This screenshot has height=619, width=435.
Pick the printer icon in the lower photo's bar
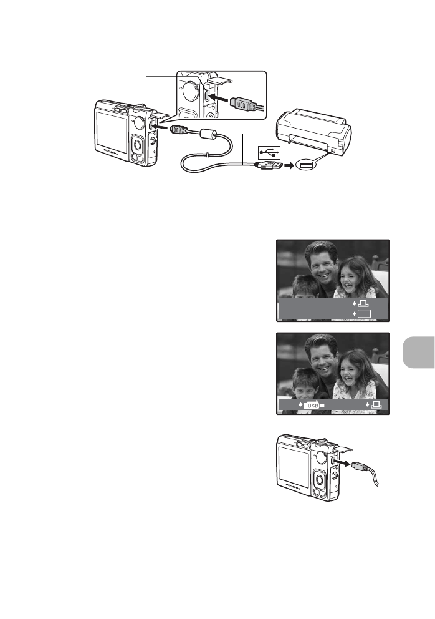click(376, 406)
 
